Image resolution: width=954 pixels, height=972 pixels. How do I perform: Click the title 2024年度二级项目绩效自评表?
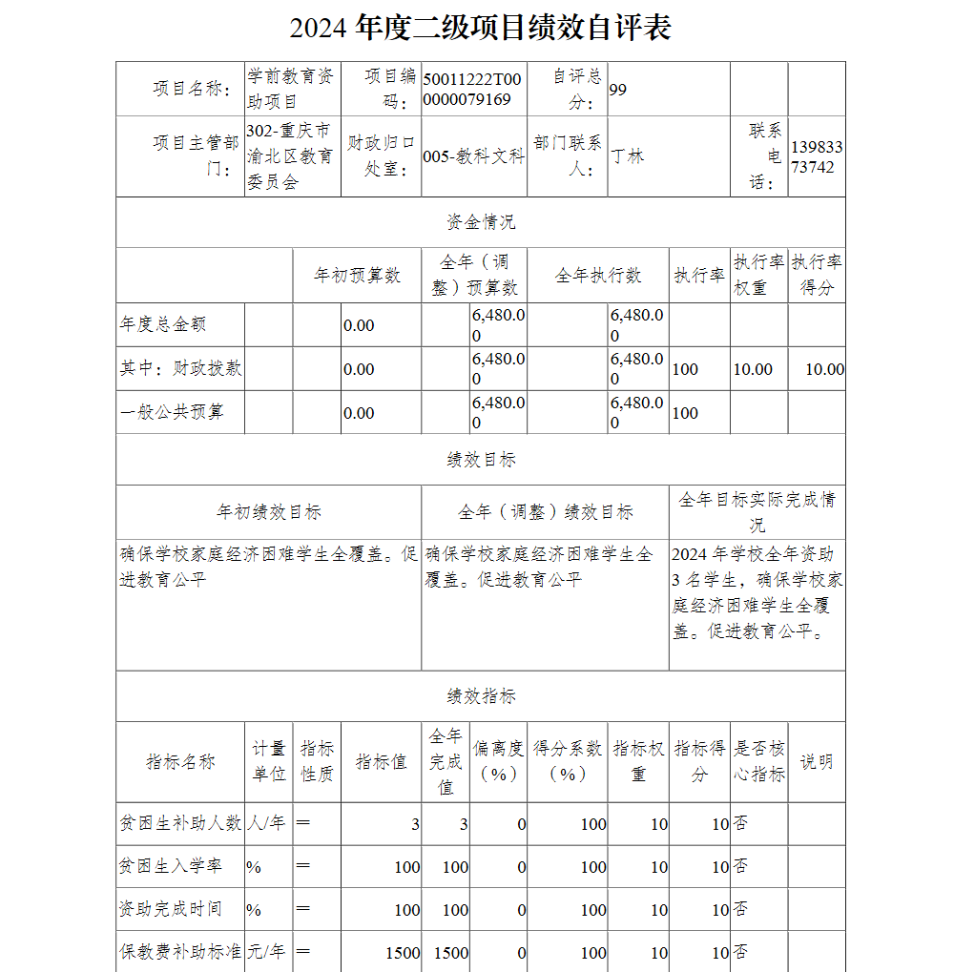[480, 28]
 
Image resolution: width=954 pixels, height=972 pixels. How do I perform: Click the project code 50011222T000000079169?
[472, 90]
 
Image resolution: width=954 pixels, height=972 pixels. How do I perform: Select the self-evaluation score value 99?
[618, 90]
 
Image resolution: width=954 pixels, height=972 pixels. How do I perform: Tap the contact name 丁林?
[628, 155]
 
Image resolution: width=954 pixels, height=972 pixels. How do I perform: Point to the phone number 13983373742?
[817, 156]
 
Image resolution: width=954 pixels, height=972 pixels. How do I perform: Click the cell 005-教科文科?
[473, 156]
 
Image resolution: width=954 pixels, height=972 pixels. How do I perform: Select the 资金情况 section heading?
[481, 222]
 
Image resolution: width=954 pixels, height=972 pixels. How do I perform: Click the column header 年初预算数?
[358, 276]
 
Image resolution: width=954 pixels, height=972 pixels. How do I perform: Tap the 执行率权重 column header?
[758, 275]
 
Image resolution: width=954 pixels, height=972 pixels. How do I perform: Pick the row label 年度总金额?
[163, 324]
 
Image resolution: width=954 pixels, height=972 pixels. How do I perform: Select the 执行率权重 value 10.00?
[753, 369]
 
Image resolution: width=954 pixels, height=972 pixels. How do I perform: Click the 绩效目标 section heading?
[481, 460]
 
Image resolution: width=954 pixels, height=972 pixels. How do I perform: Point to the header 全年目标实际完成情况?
[757, 511]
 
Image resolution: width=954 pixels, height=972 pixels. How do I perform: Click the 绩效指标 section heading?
[481, 696]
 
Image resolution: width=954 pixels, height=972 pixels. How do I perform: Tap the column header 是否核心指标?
[759, 761]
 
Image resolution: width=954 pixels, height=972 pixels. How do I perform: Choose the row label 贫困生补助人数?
[180, 822]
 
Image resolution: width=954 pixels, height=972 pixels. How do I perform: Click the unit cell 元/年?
[266, 951]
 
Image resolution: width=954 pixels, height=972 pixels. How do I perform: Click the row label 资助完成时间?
[171, 908]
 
